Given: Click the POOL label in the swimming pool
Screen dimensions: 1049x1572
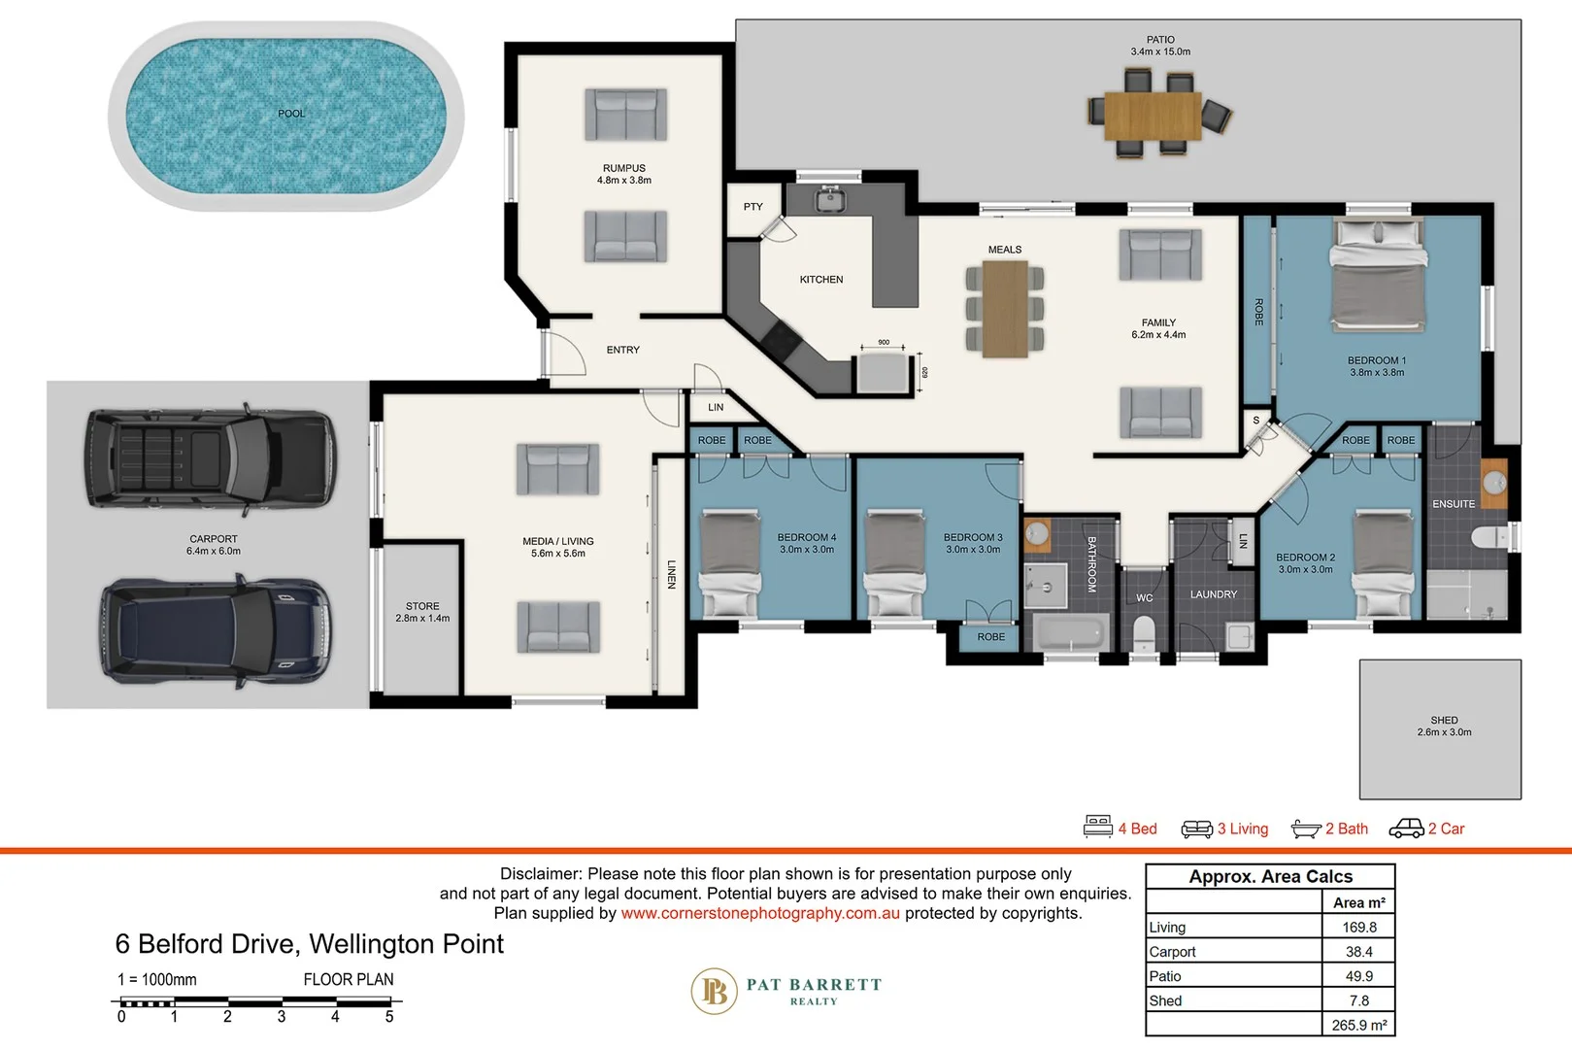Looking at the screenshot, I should click(291, 114).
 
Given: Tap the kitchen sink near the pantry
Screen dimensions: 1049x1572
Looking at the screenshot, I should click(829, 200).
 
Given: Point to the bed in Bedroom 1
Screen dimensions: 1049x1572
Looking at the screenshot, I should click(1378, 278).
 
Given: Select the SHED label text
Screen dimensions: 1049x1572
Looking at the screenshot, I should click(1444, 721).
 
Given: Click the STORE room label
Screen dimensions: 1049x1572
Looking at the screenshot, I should click(422, 606).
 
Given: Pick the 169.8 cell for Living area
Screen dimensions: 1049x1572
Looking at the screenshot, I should click(1358, 928).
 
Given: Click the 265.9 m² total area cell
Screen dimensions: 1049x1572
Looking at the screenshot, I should click(1358, 1025).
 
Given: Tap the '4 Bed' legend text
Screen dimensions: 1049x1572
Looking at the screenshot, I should click(1137, 829).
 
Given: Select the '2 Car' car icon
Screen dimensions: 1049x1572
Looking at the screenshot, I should click(1406, 829).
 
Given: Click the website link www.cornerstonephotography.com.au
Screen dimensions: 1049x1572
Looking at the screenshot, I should click(760, 913).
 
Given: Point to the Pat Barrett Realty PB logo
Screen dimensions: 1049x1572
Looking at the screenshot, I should click(715, 991).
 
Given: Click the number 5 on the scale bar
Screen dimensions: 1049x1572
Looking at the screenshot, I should click(389, 1017).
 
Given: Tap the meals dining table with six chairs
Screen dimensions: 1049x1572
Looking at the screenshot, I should click(1005, 310).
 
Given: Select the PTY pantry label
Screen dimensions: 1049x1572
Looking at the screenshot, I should click(753, 207).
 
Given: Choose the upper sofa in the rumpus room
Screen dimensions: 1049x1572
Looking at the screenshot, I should click(625, 115).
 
